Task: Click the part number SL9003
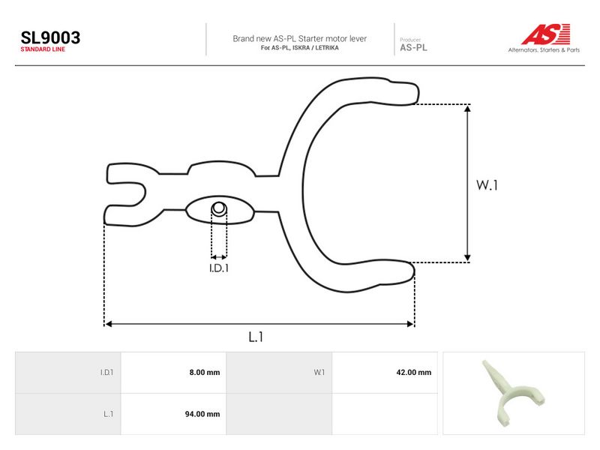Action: coord(50,37)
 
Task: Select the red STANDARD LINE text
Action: coord(43,49)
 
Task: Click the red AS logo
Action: coord(546,34)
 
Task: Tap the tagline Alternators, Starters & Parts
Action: coord(544,49)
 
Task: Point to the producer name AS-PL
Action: coord(413,48)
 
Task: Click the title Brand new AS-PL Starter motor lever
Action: coord(299,39)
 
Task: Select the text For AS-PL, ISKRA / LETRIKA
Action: coord(299,48)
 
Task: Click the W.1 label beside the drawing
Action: coord(487,185)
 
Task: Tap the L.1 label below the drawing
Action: coord(256,337)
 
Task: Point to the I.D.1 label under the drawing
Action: coord(219,268)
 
